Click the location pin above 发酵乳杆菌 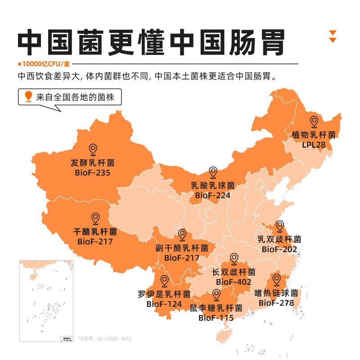[93, 149]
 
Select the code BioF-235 [93, 172]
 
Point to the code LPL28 [314, 145]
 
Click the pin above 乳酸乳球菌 [213, 172]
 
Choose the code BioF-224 [213, 196]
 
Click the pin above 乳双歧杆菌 [280, 226]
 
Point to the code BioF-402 [234, 282]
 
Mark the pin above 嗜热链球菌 [276, 280]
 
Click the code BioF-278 [276, 303]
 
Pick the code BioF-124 [164, 304]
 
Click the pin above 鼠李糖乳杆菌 [216, 295]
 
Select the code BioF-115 [216, 318]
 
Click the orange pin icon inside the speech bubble [29, 96]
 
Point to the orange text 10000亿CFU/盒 [44, 64]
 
